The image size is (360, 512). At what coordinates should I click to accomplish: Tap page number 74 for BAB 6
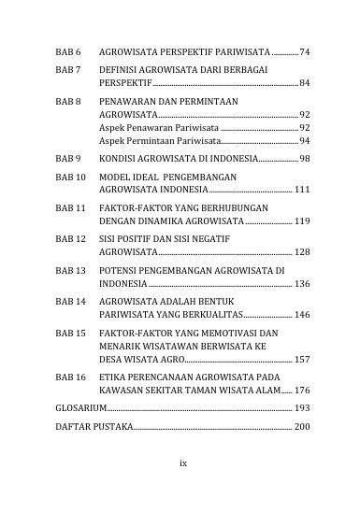305,50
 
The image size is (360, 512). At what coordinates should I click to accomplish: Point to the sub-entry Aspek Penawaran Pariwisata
159,127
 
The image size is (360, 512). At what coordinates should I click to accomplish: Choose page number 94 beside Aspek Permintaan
305,140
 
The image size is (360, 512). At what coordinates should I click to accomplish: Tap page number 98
305,159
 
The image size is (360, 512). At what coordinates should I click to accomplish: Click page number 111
302,190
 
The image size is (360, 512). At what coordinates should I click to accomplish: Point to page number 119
302,221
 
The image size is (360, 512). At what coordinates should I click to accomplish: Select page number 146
302,315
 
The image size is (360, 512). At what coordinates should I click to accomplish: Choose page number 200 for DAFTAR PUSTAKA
302,427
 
